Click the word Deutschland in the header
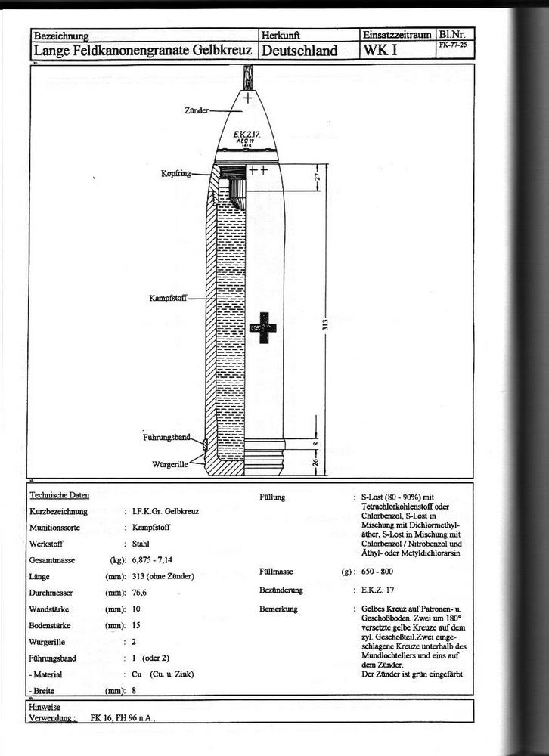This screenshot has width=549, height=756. (x=299, y=51)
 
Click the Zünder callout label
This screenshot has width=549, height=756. (x=197, y=110)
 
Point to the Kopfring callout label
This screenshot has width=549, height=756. (x=175, y=173)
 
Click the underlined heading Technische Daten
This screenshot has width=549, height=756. (x=59, y=495)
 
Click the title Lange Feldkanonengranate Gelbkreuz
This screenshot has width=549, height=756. (x=143, y=51)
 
